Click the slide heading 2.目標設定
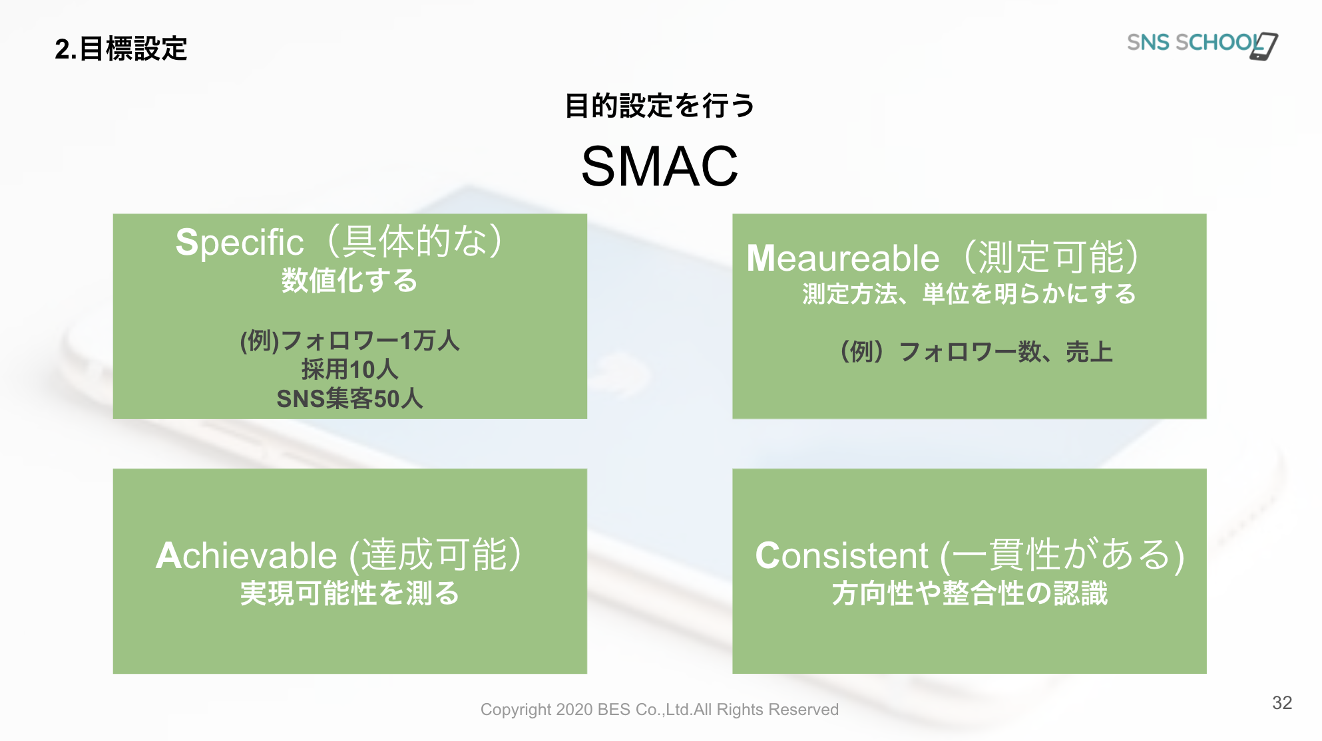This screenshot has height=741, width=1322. pos(121,49)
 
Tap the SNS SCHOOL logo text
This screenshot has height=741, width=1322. pos(1194,43)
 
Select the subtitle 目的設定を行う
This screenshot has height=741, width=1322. pos(660,106)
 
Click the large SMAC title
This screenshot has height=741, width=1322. pos(660,166)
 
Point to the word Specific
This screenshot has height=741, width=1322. pos(240,242)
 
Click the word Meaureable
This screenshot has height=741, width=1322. pos(843,258)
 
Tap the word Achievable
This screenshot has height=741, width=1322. pos(246,555)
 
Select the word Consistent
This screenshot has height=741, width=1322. pos(841,555)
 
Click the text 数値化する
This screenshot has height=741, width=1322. pos(349,281)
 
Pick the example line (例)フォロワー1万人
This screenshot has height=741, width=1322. pos(350,341)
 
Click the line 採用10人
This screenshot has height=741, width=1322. pos(350,370)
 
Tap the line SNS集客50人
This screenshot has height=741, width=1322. pos(350,399)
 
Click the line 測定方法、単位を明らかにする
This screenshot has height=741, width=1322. pos(969,294)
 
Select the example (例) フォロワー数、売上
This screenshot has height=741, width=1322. pos(976,352)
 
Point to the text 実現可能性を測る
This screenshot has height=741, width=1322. pos(350,593)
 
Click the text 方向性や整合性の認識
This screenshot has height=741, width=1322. pos(970,593)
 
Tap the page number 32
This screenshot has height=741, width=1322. pos(1282,703)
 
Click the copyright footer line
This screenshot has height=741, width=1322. pos(660,710)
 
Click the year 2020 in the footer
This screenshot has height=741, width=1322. pos(574,710)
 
